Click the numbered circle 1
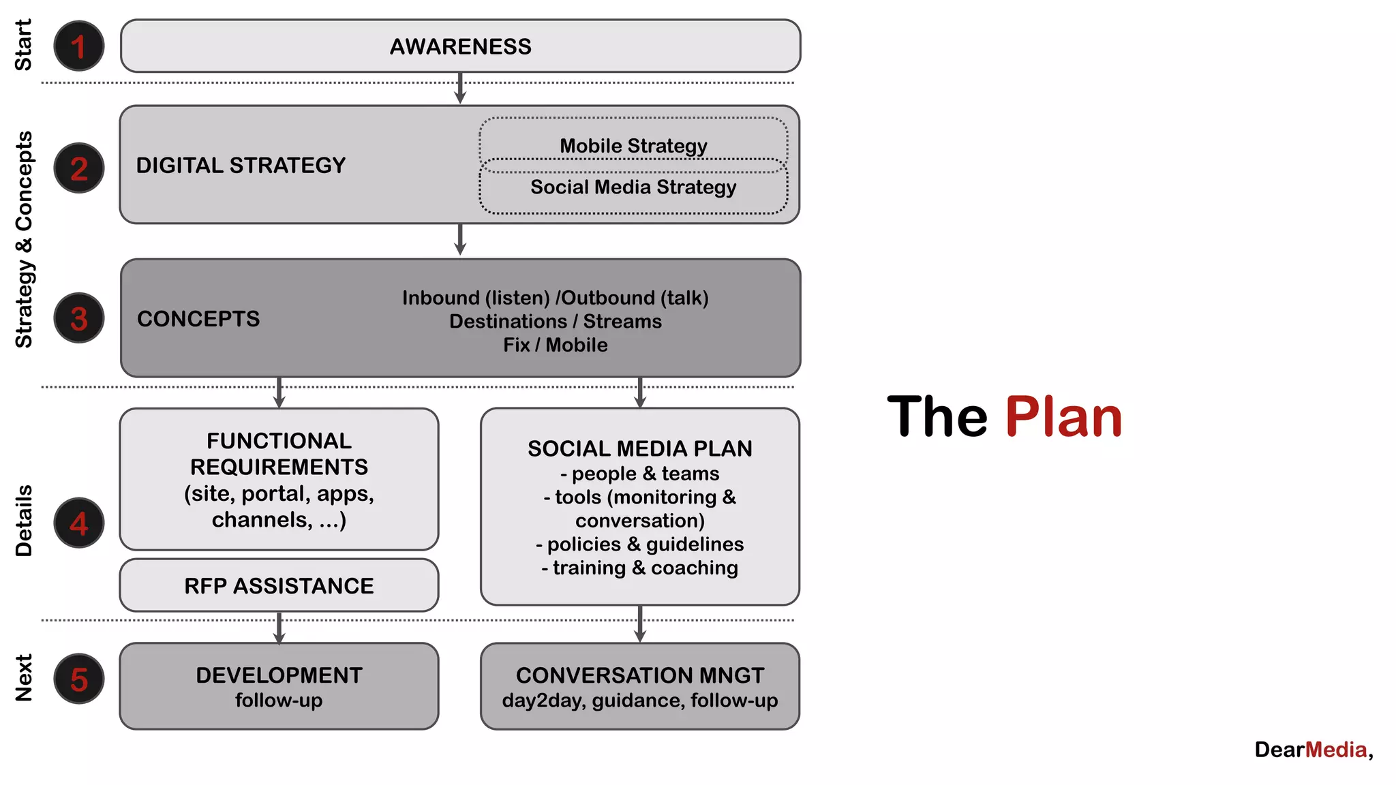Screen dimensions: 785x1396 (x=79, y=46)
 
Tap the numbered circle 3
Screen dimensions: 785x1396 (x=79, y=318)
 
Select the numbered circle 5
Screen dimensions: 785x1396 (x=79, y=679)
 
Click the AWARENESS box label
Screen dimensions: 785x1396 (x=460, y=46)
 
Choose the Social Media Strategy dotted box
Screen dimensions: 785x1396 (x=633, y=188)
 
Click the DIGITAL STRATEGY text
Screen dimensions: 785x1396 (x=241, y=165)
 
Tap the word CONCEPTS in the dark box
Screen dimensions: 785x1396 (x=198, y=319)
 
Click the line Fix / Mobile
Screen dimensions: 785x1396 (x=556, y=345)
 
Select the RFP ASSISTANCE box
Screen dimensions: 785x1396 (x=279, y=585)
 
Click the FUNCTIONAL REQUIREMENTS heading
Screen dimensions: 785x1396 (x=279, y=454)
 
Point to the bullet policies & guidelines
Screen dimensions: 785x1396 (x=639, y=544)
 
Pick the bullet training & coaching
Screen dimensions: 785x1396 (x=639, y=568)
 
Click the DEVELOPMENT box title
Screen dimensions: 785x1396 (x=279, y=675)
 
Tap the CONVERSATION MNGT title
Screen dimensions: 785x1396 (x=639, y=675)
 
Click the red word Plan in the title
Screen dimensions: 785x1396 (x=1063, y=416)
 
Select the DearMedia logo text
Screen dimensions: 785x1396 (x=1313, y=750)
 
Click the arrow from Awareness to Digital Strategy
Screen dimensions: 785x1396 (x=460, y=89)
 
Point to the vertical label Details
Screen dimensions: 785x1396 (x=24, y=521)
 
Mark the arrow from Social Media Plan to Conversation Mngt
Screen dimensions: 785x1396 (x=639, y=624)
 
